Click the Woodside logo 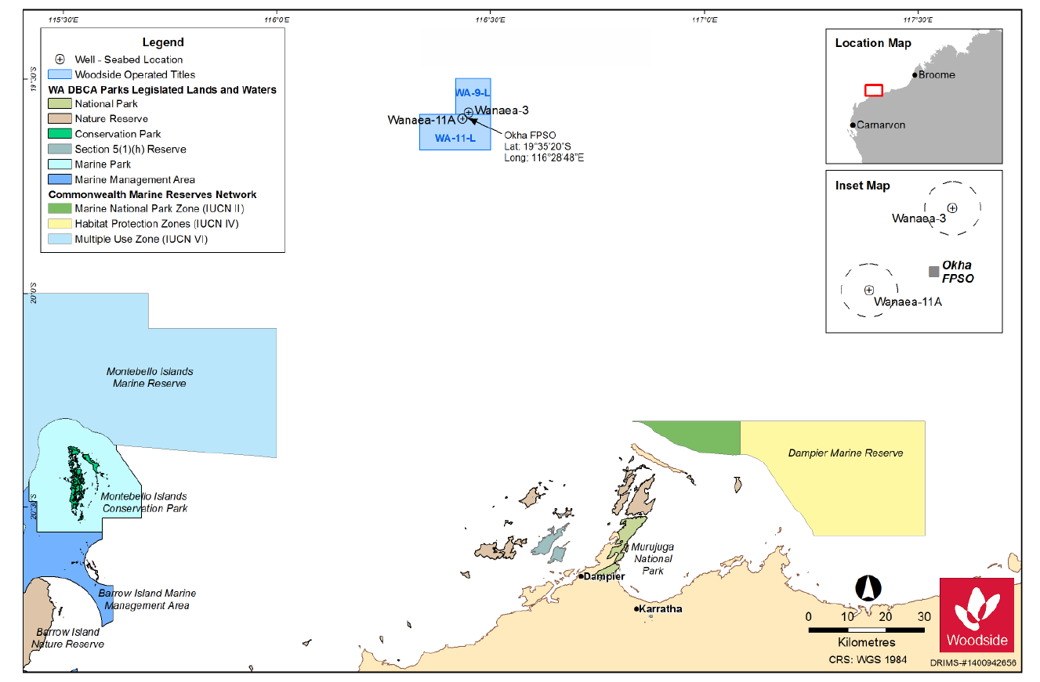point(977,615)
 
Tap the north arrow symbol point(868,588)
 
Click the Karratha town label point(661,608)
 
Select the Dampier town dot point(581,576)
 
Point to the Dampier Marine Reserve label point(846,453)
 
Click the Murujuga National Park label point(653,558)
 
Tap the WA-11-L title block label point(455,139)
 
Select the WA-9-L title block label point(473,93)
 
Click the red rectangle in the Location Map point(874,90)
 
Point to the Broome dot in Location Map point(915,75)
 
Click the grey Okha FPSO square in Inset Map point(933,272)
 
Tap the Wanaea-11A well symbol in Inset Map point(869,290)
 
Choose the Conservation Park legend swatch point(60,134)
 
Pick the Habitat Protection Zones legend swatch point(60,224)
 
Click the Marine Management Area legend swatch point(60,179)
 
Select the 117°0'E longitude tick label point(705,20)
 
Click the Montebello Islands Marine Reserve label point(150,377)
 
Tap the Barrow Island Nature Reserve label point(67,638)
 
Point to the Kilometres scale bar point(866,630)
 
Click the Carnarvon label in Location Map point(881,124)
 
